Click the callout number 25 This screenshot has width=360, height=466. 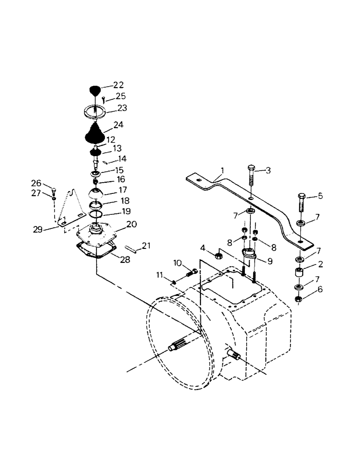pyautogui.click(x=120, y=96)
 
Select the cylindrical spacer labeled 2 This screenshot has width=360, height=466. pyautogui.click(x=298, y=273)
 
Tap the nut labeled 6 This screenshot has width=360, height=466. pyautogui.click(x=298, y=299)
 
